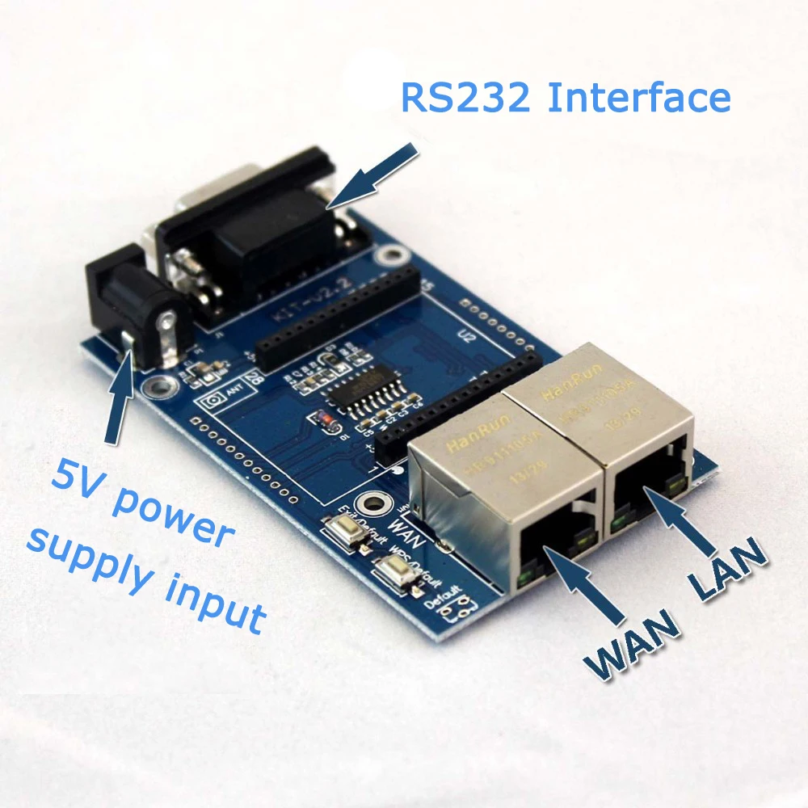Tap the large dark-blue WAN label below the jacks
pos(630,647)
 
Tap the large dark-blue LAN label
pos(727,570)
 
